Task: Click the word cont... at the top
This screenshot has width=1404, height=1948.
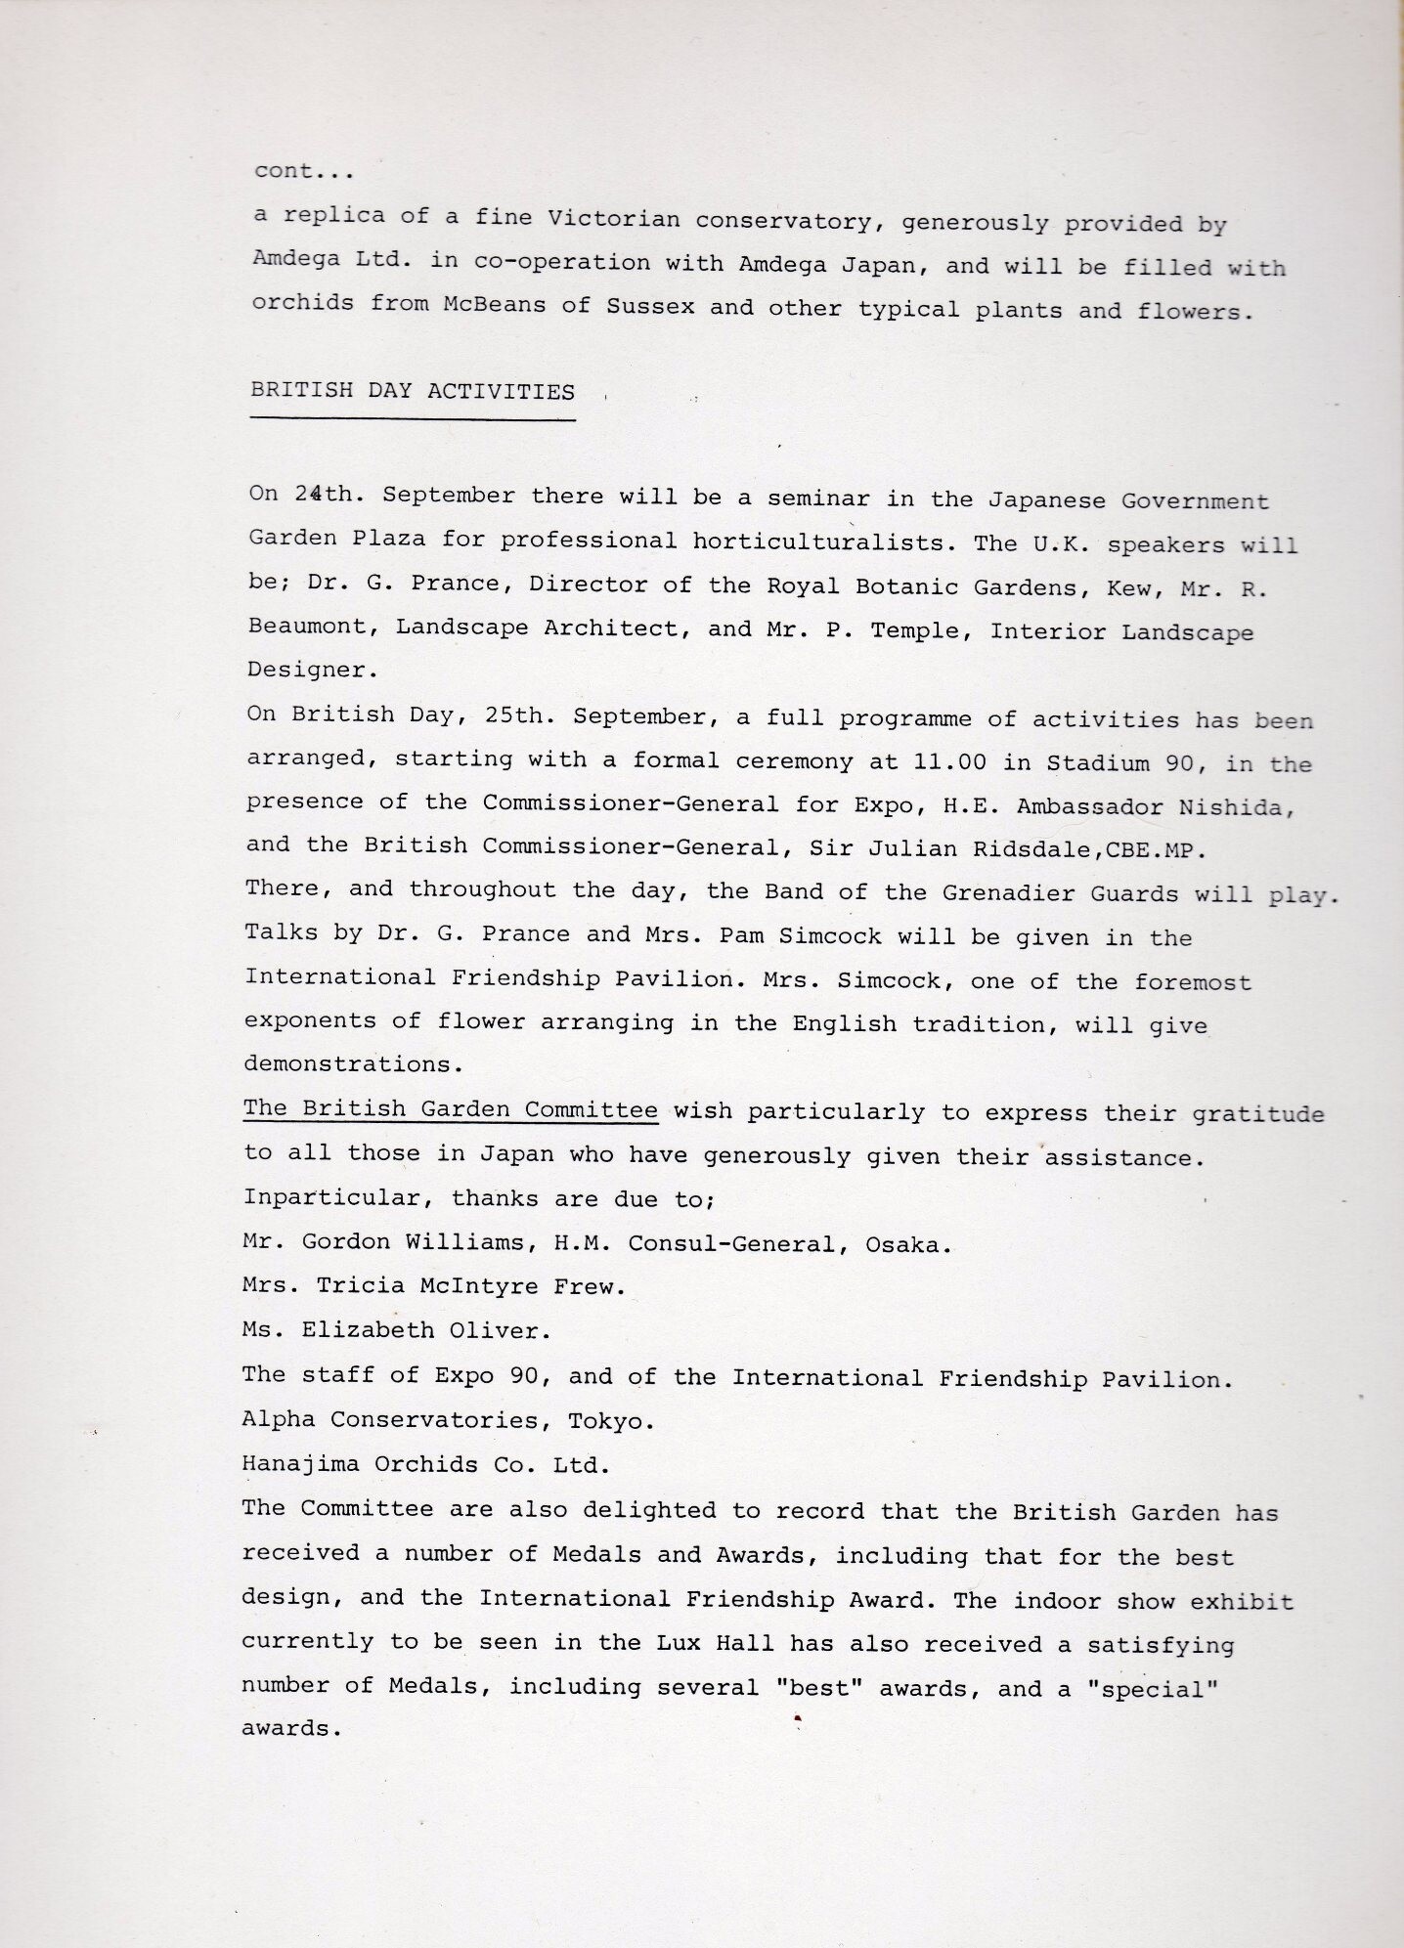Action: [x=302, y=171]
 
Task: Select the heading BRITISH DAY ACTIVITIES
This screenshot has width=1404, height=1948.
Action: [x=413, y=392]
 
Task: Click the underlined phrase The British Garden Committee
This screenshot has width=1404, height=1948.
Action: [x=450, y=1110]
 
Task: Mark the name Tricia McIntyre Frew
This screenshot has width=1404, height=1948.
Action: [x=470, y=1287]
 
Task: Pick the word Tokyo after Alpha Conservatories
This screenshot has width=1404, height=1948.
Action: [x=611, y=1420]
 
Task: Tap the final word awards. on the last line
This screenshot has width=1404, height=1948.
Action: [x=292, y=1728]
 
